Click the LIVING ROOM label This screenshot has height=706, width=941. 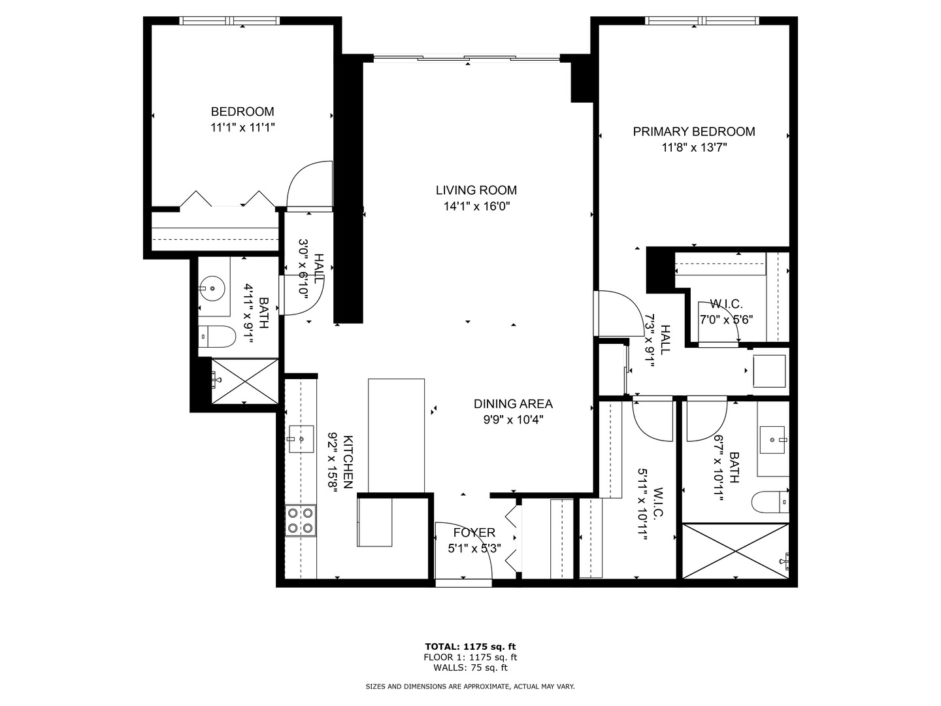tap(476, 190)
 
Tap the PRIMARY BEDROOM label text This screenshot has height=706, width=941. tap(693, 131)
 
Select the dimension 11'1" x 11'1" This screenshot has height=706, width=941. tap(242, 127)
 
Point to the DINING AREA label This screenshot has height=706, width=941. tap(513, 404)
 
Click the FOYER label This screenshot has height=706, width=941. tap(474, 533)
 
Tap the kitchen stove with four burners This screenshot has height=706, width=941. tap(301, 520)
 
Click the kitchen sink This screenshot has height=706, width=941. tap(301, 439)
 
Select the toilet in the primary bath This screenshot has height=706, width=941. tap(771, 501)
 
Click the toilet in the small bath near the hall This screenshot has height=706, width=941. tap(217, 337)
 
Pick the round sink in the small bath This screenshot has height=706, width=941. tap(212, 288)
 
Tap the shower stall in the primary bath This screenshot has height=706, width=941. tap(736, 551)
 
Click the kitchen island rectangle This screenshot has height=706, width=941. tap(396, 435)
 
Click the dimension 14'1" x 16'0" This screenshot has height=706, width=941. tap(476, 207)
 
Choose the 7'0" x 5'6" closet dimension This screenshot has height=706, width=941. tap(726, 320)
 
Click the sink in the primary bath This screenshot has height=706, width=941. tap(773, 440)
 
